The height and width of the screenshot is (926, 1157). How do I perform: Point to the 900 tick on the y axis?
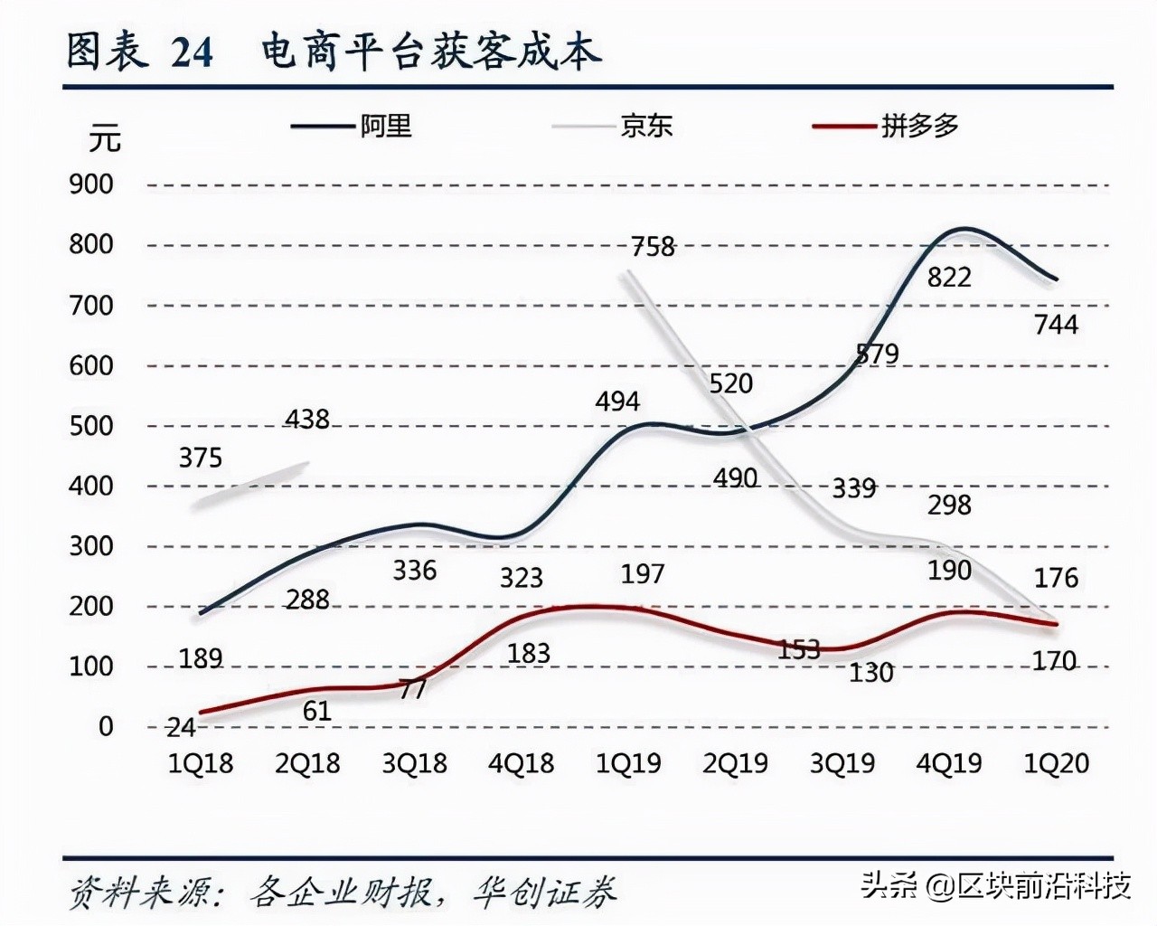[91, 184]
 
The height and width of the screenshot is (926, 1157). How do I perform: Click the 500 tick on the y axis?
[91, 426]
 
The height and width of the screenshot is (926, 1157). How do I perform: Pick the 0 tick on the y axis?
[106, 726]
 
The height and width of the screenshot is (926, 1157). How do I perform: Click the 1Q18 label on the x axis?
[201, 764]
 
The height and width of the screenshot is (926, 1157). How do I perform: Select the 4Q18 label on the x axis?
[522, 764]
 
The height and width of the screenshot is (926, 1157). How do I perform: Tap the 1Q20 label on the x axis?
[1056, 764]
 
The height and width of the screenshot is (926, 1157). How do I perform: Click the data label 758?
[653, 246]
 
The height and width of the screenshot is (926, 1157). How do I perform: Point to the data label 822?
[949, 278]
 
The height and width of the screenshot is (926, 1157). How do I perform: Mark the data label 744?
[1056, 324]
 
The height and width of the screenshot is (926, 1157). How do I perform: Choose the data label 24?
[181, 727]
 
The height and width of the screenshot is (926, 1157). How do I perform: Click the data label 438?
[307, 420]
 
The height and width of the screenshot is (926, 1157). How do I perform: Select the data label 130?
[871, 673]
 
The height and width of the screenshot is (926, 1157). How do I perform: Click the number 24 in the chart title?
[192, 52]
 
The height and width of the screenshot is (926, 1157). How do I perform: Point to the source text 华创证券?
[544, 893]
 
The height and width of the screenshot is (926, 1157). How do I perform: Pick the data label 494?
[617, 402]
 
